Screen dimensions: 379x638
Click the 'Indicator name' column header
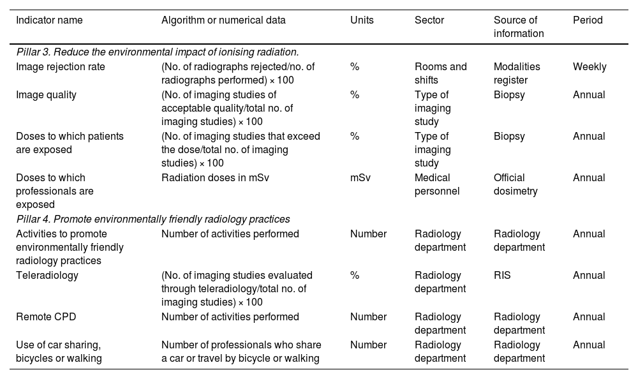(49, 20)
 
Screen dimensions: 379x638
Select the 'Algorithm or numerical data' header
(223, 20)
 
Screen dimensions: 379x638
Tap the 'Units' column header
(362, 20)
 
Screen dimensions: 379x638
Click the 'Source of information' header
(519, 27)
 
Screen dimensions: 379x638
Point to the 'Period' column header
(588, 20)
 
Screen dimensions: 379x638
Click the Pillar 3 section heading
(158, 52)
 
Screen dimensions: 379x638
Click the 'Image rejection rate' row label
(61, 66)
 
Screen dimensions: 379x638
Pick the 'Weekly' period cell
(590, 66)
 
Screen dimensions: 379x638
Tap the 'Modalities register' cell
(517, 73)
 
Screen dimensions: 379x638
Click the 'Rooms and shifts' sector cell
(440, 73)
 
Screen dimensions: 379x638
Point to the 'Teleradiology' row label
(47, 275)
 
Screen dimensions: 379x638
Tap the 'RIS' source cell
(502, 275)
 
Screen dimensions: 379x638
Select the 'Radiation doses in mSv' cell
(215, 177)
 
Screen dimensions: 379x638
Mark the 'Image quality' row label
(46, 94)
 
